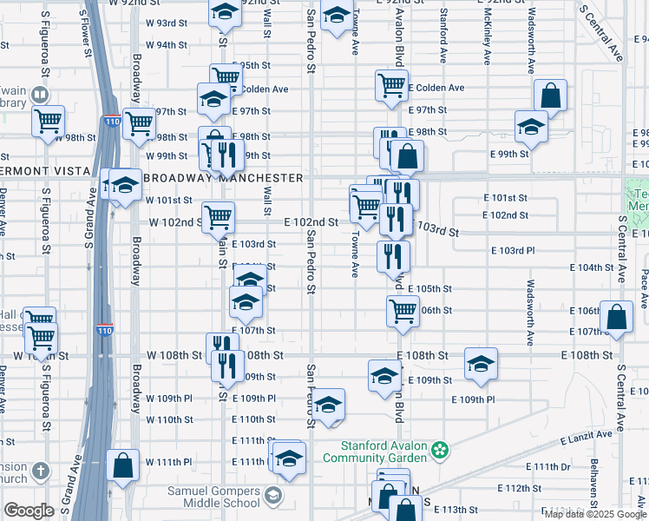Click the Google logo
pyautogui.click(x=29, y=511)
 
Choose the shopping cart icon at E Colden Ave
pyautogui.click(x=391, y=85)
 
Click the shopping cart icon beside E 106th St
pyautogui.click(x=403, y=310)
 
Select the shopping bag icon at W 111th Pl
pyautogui.click(x=123, y=464)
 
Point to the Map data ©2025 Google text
pyautogui.click(x=595, y=514)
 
